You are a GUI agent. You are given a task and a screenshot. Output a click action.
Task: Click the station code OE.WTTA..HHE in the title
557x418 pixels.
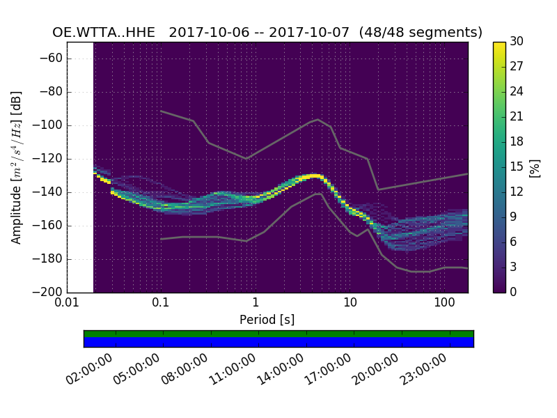click(x=107, y=33)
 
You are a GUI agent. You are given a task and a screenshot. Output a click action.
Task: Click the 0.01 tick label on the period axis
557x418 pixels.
click(x=67, y=304)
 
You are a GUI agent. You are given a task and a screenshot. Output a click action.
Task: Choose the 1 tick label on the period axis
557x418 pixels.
click(x=256, y=304)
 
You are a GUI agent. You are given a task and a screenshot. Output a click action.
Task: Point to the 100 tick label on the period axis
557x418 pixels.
click(x=444, y=304)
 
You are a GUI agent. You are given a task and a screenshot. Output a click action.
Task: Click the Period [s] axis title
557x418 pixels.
click(x=267, y=320)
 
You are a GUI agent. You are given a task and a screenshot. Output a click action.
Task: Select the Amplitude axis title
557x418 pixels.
click(x=17, y=167)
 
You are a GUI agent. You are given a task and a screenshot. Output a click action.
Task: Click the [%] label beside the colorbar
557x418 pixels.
click(x=535, y=167)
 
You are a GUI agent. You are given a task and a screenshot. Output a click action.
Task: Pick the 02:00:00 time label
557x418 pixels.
click(x=91, y=369)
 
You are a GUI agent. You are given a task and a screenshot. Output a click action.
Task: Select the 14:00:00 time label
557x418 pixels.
click(x=281, y=369)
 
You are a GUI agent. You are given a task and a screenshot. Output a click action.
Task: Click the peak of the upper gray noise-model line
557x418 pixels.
click(x=318, y=119)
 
